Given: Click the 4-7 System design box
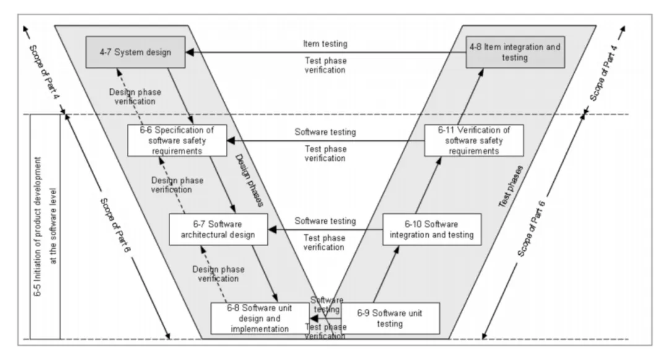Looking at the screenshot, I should [136, 52].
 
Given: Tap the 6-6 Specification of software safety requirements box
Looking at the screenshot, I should [176, 140].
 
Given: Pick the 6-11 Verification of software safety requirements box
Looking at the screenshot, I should [473, 140].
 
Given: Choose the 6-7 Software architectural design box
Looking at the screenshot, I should [218, 229].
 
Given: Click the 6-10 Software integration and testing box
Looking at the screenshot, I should [432, 229].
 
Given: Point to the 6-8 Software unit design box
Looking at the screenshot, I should [259, 318].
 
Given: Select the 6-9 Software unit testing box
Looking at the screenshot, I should [390, 318].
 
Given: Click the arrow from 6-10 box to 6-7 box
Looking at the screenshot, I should [325, 229].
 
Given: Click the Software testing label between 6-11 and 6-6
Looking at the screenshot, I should [325, 132].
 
